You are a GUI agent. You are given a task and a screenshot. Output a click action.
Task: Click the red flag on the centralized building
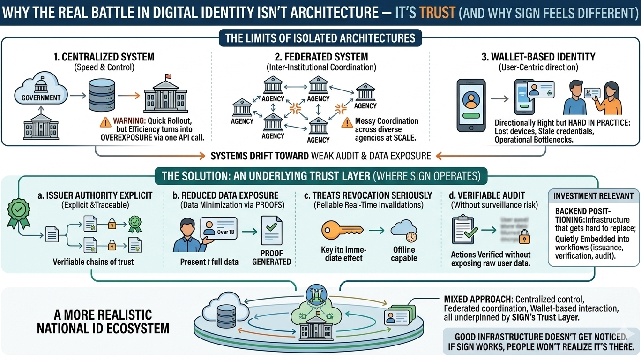(x=168, y=78)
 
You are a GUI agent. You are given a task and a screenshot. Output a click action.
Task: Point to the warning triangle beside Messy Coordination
(x=347, y=123)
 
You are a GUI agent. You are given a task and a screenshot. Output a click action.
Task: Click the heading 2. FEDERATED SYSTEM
(x=321, y=57)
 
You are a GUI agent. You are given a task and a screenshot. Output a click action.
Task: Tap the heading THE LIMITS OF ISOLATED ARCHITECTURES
(x=320, y=38)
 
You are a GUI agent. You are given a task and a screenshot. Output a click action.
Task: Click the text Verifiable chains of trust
(x=93, y=262)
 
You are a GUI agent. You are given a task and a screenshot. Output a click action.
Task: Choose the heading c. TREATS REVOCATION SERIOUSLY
(x=368, y=195)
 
